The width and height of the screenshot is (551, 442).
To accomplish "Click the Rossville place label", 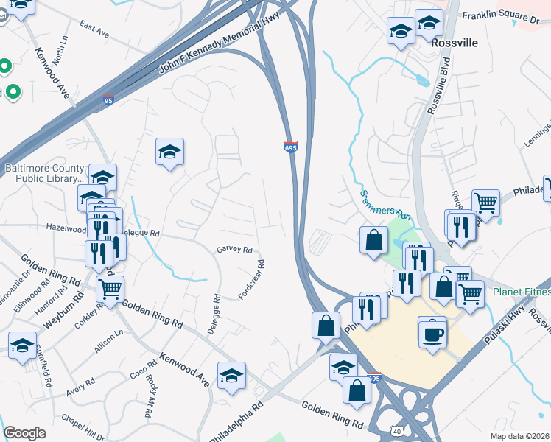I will [455, 43].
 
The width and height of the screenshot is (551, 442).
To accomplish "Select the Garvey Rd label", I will [234, 250].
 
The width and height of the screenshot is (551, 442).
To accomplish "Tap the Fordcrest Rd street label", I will [251, 279].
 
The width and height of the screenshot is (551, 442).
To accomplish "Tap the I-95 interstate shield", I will [108, 99].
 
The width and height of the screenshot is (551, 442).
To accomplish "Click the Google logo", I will [24, 433].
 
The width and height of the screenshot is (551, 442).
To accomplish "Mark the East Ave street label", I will [94, 29].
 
